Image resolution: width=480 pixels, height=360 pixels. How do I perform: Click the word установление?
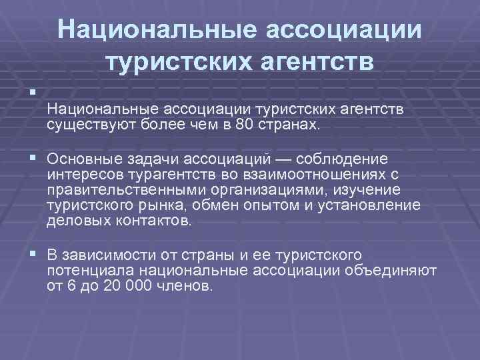tap(374, 206)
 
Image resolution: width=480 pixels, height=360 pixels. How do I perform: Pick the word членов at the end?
tap(188, 286)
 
